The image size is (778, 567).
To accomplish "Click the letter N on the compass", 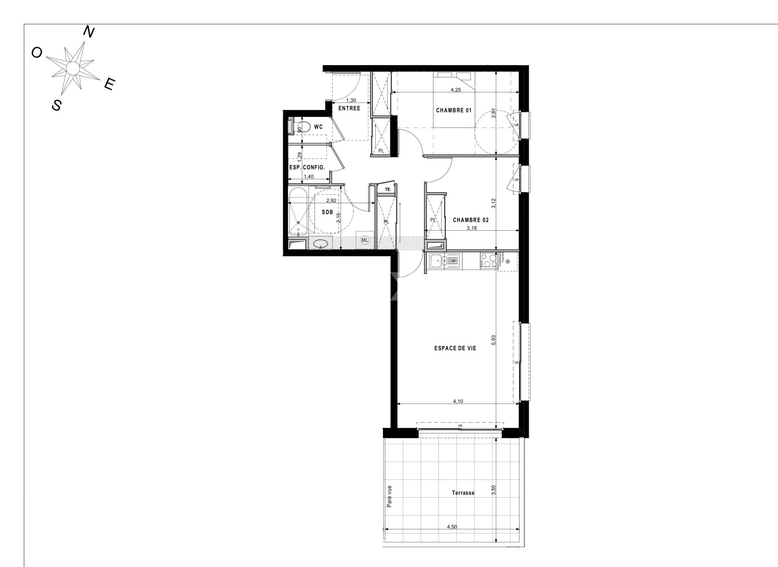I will tap(89, 32).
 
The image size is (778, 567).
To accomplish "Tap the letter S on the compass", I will tap(57, 105).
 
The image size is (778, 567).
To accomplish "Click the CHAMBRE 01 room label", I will tap(454, 110).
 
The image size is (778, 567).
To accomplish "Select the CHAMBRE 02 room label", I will tap(470, 220).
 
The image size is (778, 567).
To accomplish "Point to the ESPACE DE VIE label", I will tap(455, 348).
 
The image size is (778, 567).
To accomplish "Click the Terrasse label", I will tap(463, 493).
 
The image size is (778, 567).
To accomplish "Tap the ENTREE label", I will tap(349, 108).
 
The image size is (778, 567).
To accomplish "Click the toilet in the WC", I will tap(305, 127).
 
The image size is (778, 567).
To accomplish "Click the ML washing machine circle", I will tap(365, 240).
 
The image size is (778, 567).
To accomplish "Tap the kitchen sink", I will tap(437, 261).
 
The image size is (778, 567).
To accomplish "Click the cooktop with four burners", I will tap(489, 261).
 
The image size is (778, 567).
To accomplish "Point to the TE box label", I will tap(387, 189).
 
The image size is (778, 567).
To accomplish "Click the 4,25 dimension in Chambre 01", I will tap(456, 90).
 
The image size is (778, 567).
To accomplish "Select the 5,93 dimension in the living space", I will tap(494, 340).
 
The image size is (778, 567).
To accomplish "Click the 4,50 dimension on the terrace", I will tap(452, 527).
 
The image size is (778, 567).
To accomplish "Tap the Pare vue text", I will tap(389, 496).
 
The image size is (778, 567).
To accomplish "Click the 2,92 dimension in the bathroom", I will tap(331, 200).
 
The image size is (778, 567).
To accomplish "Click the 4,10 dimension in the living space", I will tap(458, 401).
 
